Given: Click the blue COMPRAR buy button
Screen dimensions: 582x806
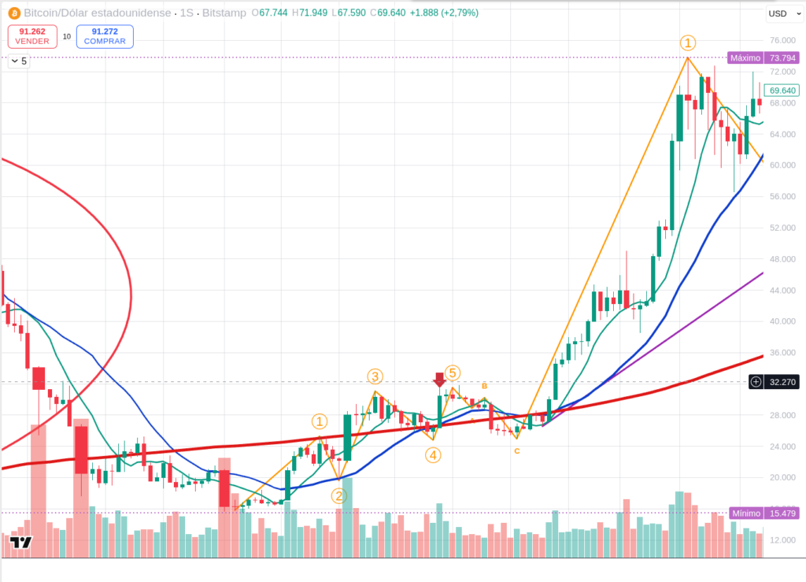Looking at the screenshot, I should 105,36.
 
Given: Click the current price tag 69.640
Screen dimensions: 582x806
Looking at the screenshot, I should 782,90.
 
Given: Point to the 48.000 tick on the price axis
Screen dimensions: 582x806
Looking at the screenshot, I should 782,259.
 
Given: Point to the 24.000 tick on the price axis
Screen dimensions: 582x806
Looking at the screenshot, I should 782,447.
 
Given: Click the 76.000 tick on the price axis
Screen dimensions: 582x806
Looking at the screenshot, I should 782,40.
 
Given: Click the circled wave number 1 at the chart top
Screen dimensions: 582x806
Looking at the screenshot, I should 688,43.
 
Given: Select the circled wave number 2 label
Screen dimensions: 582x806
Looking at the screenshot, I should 338,495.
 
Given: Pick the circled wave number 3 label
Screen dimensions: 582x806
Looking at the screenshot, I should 375,376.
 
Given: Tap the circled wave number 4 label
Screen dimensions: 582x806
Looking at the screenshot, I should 433,454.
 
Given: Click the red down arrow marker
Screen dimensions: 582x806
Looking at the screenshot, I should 440,381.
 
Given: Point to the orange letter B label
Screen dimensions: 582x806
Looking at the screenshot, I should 485,386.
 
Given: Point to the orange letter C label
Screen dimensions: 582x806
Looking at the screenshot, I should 516,450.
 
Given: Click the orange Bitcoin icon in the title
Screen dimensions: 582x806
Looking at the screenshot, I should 13,13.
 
